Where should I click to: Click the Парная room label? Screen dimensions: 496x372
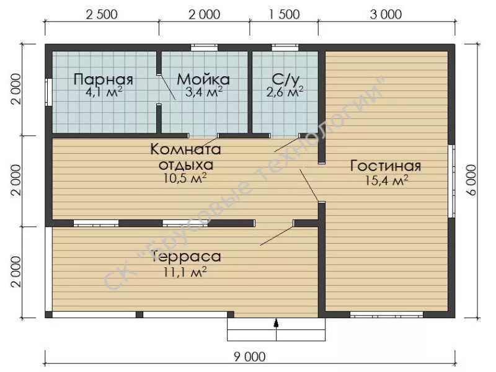tap(103, 79)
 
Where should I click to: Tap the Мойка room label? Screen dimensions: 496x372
tap(203, 79)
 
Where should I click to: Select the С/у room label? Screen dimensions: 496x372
tap(285, 80)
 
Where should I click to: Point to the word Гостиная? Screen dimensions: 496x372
tap(386, 166)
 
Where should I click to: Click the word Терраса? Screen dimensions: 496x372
tap(187, 257)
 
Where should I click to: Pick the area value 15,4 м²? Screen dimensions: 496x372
tap(386, 180)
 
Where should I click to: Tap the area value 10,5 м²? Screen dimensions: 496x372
tap(185, 179)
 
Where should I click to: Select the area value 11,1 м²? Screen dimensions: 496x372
tap(185, 272)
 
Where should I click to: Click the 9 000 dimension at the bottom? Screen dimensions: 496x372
tap(250, 357)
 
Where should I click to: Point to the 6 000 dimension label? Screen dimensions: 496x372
tap(471, 180)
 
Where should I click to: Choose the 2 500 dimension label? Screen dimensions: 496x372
tap(102, 14)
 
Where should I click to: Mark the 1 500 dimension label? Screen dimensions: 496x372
tap(284, 14)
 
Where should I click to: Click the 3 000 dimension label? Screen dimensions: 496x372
tap(386, 14)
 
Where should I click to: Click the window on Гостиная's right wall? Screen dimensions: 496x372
tap(452, 181)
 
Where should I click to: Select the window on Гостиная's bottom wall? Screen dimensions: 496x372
tap(386, 314)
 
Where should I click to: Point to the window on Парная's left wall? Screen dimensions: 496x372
tap(48, 92)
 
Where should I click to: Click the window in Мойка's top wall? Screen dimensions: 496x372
tap(205, 48)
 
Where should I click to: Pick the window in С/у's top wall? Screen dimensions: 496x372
tap(285, 48)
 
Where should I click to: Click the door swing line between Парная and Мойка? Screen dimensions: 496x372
tap(167, 87)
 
